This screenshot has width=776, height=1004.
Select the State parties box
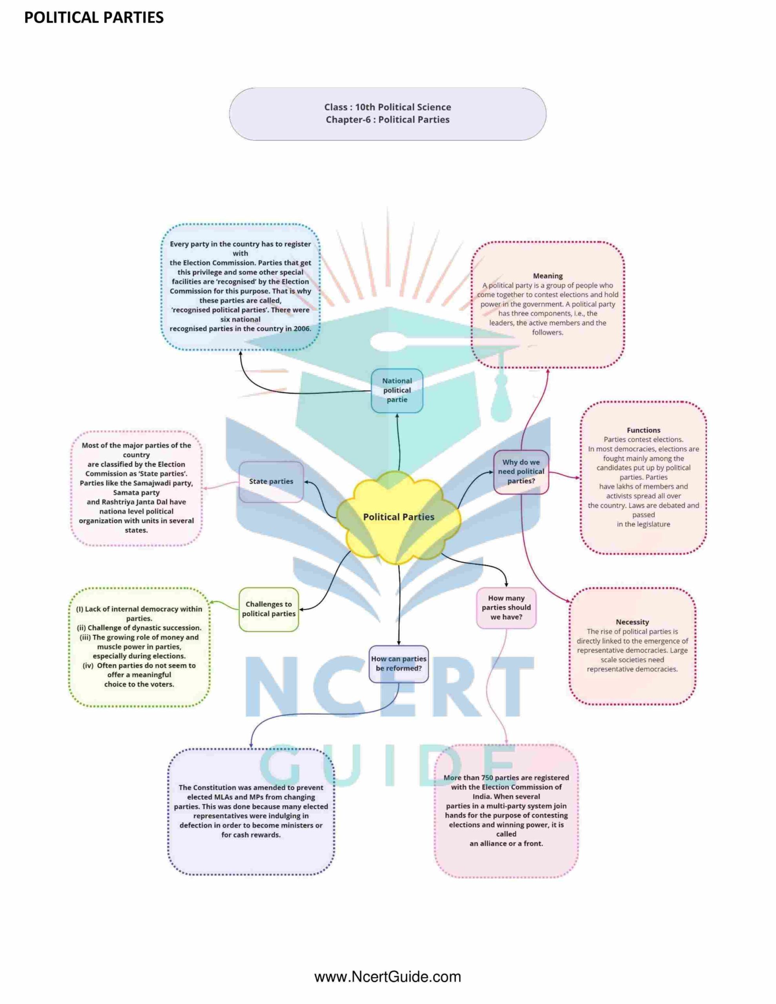[x=271, y=481]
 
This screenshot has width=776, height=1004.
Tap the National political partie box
[x=397, y=390]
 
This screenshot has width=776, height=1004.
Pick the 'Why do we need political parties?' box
[x=521, y=472]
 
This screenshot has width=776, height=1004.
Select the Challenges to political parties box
[x=269, y=609]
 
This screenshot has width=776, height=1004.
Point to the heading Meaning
[x=547, y=276]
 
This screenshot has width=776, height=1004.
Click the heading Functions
[x=643, y=430]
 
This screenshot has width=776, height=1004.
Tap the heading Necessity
[x=632, y=622]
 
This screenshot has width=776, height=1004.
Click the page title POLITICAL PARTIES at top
[x=94, y=18]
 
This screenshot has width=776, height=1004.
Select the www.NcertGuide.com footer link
[x=388, y=977]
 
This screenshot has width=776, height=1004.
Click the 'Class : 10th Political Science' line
[x=387, y=107]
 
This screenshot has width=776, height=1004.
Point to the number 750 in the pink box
[x=487, y=778]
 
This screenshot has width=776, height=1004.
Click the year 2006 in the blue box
[x=302, y=329]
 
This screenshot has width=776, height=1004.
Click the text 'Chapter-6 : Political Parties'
[x=387, y=120]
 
